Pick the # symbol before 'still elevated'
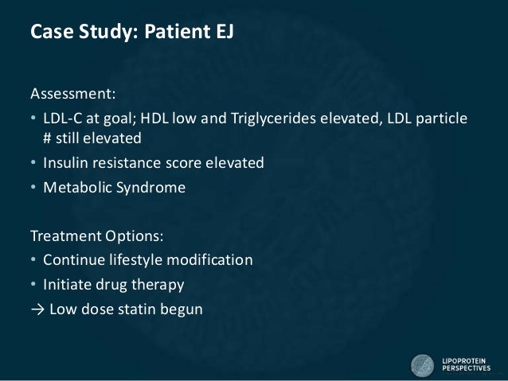coord(48,138)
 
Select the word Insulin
coord(66,164)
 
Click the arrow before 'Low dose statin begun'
coord(36,309)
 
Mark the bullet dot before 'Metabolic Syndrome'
coord(33,189)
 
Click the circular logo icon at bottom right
coord(422,365)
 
